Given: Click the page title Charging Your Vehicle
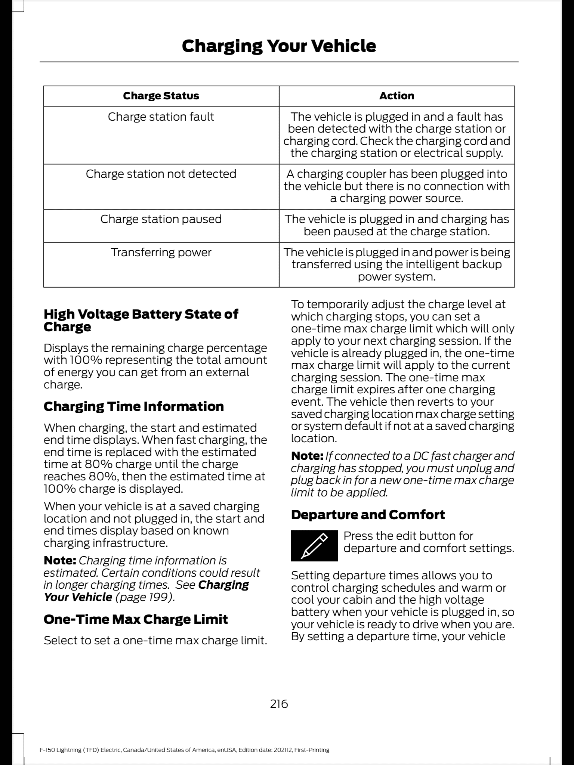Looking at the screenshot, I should [279, 46].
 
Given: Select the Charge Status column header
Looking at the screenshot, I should [161, 96].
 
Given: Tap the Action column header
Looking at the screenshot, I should [396, 96].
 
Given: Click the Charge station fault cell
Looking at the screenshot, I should [161, 117].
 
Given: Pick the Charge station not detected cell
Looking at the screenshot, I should [161, 174].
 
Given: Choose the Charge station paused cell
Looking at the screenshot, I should [161, 219].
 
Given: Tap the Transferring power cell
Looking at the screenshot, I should [161, 253].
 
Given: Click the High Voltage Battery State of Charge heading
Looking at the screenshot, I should [141, 320].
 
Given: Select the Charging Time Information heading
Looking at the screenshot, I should [134, 406].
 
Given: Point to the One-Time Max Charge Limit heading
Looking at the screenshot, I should [136, 619].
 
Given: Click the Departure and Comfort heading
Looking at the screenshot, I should [368, 515].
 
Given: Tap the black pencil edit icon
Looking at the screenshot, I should [314, 545].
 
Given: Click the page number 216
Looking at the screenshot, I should [279, 704].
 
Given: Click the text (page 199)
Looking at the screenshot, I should [145, 597].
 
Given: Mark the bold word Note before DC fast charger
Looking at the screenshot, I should [307, 456].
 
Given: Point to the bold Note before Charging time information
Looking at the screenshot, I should [60, 561].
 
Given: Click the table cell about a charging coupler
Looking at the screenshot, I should [396, 186].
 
